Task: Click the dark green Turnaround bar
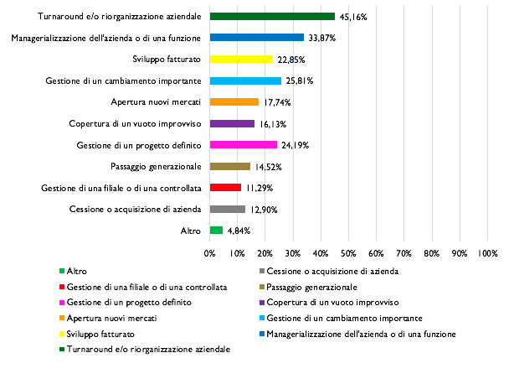point(272,16)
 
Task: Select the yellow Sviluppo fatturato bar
point(241,60)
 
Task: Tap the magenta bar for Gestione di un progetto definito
point(243,145)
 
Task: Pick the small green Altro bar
point(216,231)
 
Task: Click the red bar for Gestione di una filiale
point(225,188)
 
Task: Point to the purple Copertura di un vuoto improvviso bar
point(232,124)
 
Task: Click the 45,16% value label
point(353,16)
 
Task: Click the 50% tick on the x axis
point(348,252)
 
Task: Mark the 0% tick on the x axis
point(209,252)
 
